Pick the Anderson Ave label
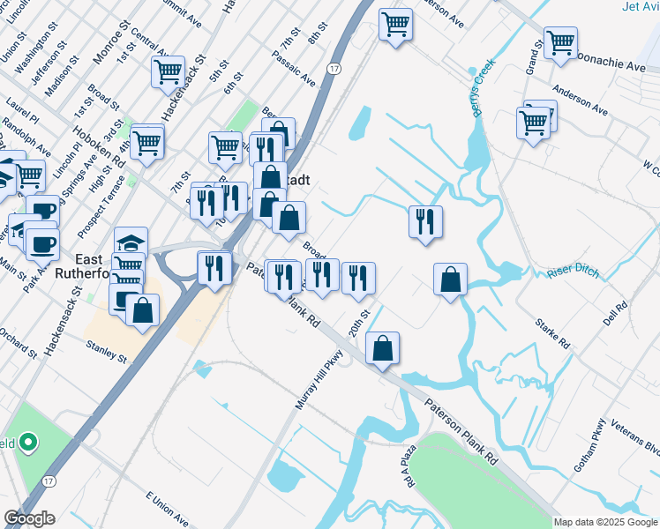(x=581, y=99)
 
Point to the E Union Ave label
(x=168, y=508)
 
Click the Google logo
(x=29, y=518)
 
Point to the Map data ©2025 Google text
(x=605, y=522)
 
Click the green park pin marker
(x=29, y=442)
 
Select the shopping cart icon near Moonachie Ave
(x=560, y=42)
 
